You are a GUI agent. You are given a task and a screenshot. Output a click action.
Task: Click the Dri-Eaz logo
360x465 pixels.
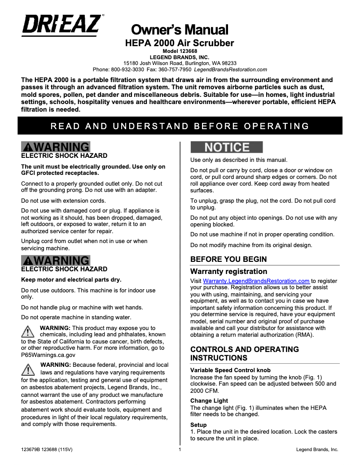(61, 25)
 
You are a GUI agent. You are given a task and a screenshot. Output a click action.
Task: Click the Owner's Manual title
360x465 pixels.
(180, 30)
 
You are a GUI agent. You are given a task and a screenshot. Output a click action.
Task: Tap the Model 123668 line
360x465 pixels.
(180, 52)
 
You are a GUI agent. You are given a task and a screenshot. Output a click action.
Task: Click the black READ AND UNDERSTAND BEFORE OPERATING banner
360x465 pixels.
(180, 126)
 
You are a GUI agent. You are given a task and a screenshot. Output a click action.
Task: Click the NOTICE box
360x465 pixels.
(227, 147)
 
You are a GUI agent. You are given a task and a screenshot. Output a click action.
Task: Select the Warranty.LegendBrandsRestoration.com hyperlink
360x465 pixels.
(250, 281)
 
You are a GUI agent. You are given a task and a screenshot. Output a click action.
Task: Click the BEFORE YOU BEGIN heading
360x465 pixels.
(228, 259)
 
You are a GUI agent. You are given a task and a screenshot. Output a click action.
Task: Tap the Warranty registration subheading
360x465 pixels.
(228, 271)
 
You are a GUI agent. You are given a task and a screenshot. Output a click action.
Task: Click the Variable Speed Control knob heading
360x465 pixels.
(230, 370)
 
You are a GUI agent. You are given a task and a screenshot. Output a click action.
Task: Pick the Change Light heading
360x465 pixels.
(209, 400)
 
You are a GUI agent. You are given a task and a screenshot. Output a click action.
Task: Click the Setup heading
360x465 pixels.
(198, 425)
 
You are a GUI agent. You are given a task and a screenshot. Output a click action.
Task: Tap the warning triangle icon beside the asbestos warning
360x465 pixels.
(28, 369)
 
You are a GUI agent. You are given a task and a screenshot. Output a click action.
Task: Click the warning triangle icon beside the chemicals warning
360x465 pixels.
(28, 332)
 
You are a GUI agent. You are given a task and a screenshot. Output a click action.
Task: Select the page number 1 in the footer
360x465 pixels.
(180, 449)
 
